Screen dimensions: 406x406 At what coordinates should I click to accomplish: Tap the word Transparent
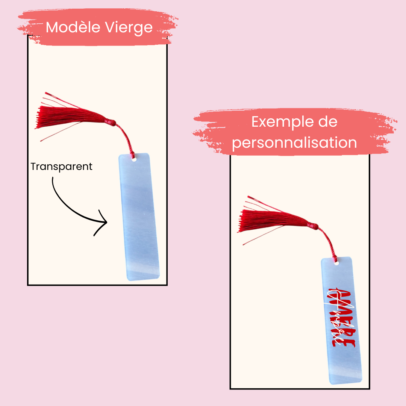pyautogui.click(x=61, y=167)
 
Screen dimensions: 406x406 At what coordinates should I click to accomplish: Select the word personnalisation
pyautogui.click(x=294, y=143)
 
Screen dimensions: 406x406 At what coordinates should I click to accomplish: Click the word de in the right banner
pyautogui.click(x=328, y=122)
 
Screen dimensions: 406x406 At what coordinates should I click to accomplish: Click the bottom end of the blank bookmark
pyautogui.click(x=145, y=276)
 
